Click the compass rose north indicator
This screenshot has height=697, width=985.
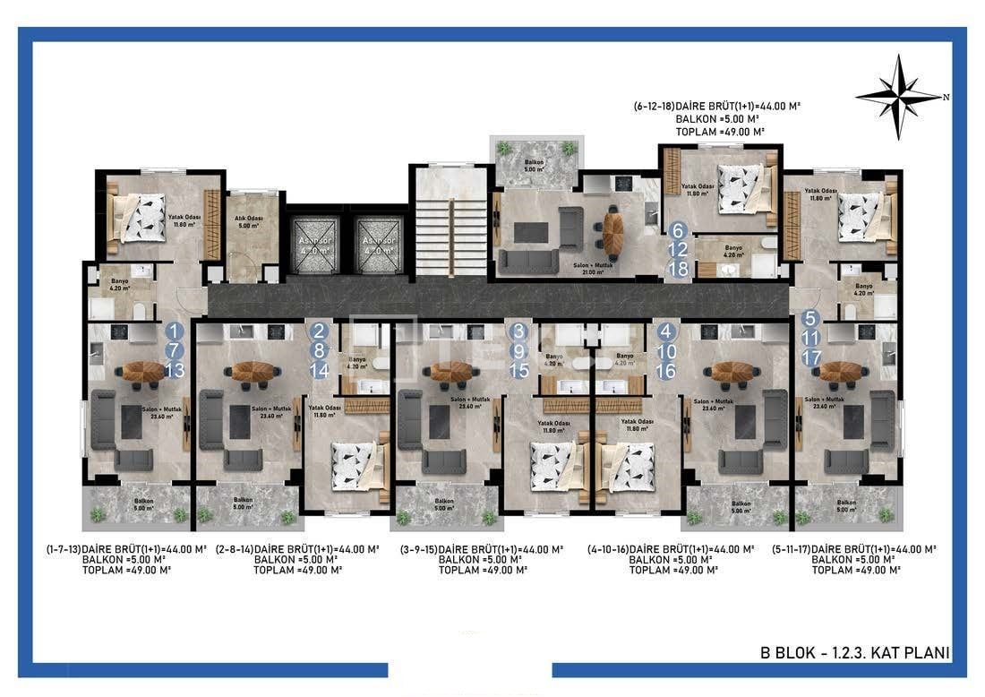(x=898, y=96)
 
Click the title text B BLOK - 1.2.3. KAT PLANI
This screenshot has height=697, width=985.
(x=854, y=653)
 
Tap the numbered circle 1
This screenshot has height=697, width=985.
(x=175, y=331)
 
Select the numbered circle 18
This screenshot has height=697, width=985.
(x=678, y=269)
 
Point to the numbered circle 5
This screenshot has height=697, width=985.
(x=810, y=317)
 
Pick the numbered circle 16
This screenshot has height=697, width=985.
(x=665, y=370)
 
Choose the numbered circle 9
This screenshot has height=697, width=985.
(x=519, y=350)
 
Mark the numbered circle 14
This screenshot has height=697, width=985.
(x=320, y=370)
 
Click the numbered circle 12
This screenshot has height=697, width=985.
(x=678, y=250)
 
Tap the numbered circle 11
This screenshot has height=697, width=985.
(x=810, y=338)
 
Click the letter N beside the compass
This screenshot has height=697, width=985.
(x=946, y=97)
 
